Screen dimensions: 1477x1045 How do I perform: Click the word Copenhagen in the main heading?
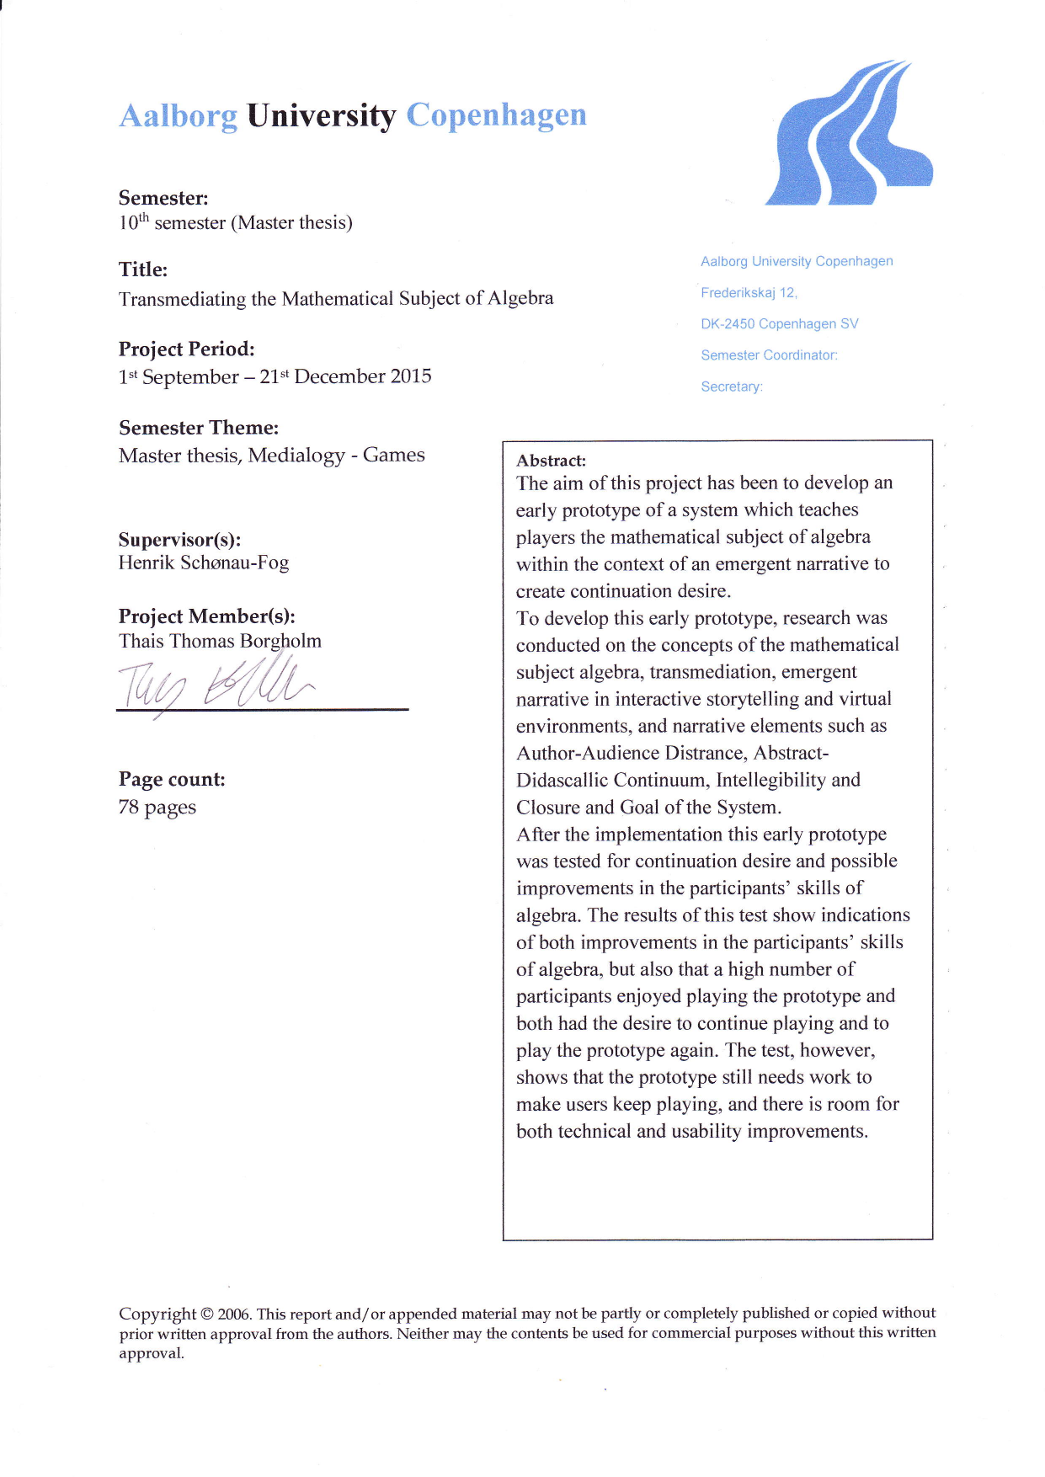pos(496,115)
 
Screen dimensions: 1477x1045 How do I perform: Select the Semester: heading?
pos(163,198)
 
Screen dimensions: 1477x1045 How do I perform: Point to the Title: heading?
pos(143,269)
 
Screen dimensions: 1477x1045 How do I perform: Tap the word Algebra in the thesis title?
pos(520,298)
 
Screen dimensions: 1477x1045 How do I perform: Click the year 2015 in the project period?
pos(411,376)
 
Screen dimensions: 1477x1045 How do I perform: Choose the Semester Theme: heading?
pos(199,428)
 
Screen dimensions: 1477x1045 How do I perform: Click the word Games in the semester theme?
pos(393,455)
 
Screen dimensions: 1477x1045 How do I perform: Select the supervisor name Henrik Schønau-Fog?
pos(204,563)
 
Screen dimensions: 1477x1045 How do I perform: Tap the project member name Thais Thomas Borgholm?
pos(220,641)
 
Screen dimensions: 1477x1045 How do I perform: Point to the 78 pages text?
pos(157,807)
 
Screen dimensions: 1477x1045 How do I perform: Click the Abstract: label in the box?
pos(551,461)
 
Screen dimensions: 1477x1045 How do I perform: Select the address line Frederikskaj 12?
pos(749,293)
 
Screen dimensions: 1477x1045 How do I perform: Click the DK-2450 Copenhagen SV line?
pos(779,324)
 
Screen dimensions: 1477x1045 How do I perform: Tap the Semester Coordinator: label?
pos(769,355)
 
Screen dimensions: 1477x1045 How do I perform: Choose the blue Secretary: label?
pos(732,387)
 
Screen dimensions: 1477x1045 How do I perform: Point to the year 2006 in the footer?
pos(234,1314)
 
